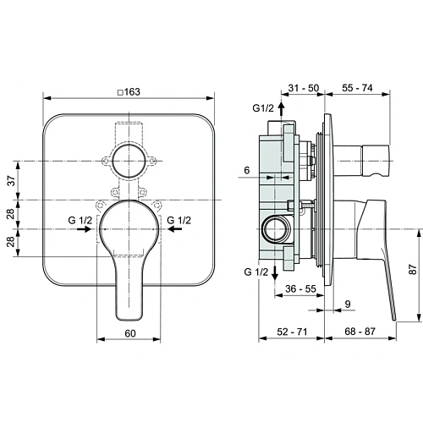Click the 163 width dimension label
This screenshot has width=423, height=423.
[132, 92]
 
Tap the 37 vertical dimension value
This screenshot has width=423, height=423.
[11, 181]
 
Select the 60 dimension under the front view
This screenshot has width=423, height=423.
[130, 333]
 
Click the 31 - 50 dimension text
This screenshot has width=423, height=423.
[304, 88]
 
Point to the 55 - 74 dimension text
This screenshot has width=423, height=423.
[357, 88]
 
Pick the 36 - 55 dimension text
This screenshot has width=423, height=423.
[300, 288]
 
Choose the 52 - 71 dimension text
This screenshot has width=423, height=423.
[292, 332]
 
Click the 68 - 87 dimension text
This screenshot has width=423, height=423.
[360, 332]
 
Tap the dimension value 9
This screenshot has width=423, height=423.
[348, 304]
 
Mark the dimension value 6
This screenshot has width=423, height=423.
[247, 170]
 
